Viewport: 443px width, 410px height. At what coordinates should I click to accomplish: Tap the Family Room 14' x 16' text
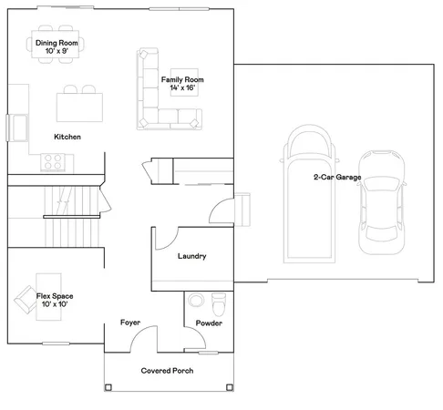click(182, 84)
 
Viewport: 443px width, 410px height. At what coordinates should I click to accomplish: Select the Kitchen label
click(67, 137)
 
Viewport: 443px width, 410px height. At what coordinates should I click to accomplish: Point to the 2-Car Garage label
click(336, 178)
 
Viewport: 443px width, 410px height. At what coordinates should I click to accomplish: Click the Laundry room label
click(191, 256)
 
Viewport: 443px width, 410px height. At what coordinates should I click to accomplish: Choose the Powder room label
click(209, 323)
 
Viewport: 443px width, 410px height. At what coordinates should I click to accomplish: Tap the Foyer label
click(131, 323)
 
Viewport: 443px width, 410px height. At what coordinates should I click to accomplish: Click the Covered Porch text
click(166, 371)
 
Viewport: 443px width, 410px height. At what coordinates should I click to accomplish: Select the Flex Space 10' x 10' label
click(56, 300)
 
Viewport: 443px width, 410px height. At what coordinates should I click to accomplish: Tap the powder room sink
click(195, 301)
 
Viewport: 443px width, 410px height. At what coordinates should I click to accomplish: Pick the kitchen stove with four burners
click(56, 162)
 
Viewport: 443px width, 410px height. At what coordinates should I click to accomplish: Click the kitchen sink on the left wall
click(17, 126)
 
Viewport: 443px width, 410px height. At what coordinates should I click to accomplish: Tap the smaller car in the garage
click(380, 203)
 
